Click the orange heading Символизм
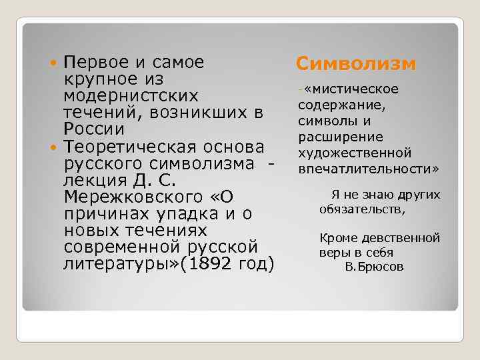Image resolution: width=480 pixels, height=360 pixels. (x=356, y=63)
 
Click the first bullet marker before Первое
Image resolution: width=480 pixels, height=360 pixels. (x=55, y=63)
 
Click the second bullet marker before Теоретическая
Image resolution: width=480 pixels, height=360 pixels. (x=55, y=146)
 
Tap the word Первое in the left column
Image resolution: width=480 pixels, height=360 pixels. (x=91, y=63)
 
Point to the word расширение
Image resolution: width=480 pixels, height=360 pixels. (x=331, y=137)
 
